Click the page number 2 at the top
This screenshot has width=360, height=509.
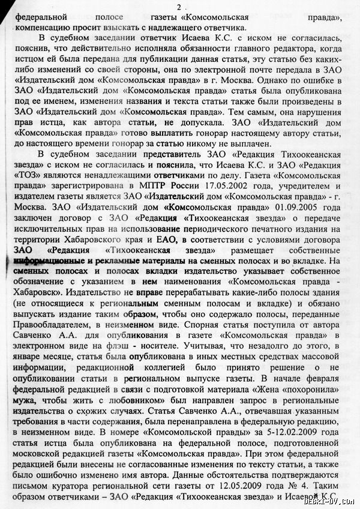(178, 6)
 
